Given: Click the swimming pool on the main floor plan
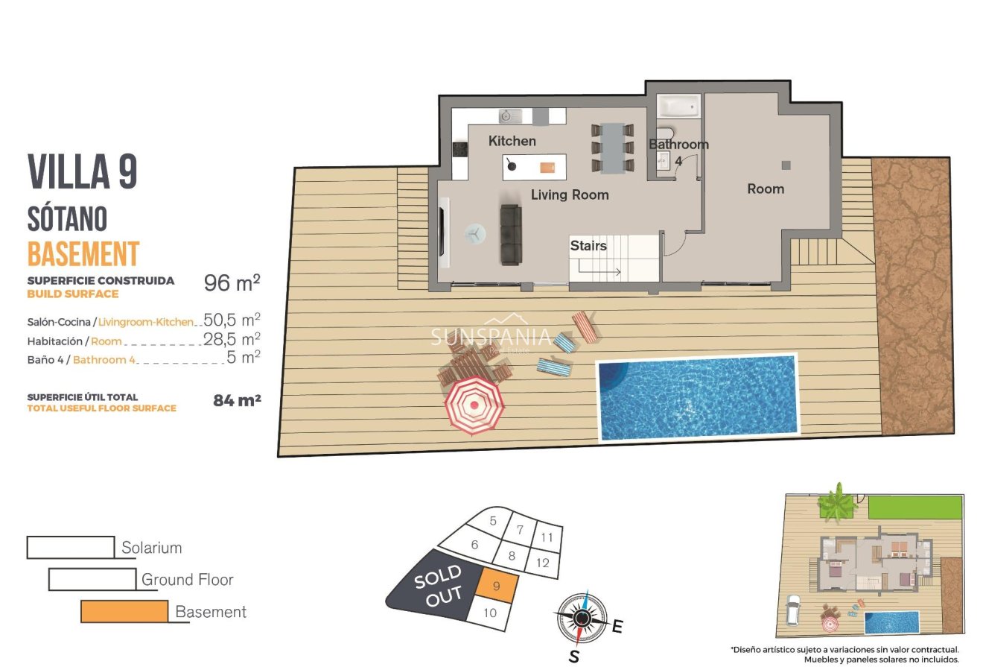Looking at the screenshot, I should click(x=697, y=398).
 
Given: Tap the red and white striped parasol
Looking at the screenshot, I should click(x=474, y=405).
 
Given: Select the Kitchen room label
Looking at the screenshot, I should click(x=512, y=141).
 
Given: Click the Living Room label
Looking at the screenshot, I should click(x=569, y=195).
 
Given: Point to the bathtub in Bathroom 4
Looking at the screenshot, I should click(x=678, y=106).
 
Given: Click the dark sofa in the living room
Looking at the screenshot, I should click(x=510, y=234).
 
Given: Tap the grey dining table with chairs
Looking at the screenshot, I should click(x=613, y=147).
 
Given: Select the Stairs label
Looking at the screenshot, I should click(x=588, y=245).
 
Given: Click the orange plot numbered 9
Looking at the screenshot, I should click(x=495, y=586).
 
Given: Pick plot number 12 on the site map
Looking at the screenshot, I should click(x=542, y=563).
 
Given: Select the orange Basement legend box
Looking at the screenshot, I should click(x=124, y=611).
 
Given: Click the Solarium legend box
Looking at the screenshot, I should click(x=71, y=547).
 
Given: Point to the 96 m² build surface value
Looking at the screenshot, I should click(x=232, y=282).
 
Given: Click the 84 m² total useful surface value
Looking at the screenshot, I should click(x=237, y=401).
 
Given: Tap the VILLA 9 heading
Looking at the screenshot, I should click(x=83, y=172).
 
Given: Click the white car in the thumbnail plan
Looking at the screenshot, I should click(x=792, y=610).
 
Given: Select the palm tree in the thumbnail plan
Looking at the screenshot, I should click(x=838, y=502).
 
